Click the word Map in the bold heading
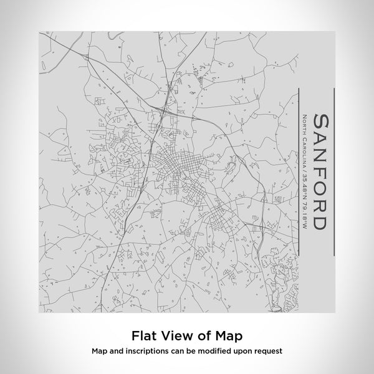[228, 336]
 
